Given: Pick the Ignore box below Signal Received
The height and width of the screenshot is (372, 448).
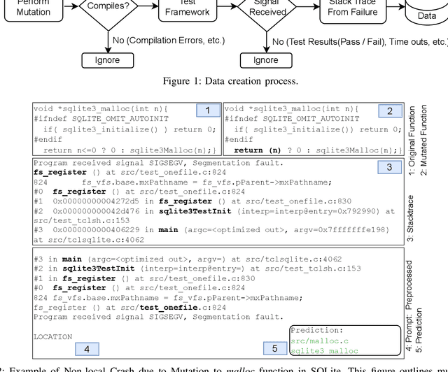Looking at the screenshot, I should (x=265, y=59).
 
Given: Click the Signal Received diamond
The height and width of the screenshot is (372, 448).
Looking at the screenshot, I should (x=265, y=8).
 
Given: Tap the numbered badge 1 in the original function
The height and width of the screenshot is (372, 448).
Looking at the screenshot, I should (x=207, y=110).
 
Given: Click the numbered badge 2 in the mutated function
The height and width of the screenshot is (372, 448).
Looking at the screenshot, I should (x=390, y=110).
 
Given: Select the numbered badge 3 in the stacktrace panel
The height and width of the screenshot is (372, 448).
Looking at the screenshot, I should (x=390, y=166).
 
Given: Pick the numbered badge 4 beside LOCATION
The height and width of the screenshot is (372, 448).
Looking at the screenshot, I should (x=87, y=348).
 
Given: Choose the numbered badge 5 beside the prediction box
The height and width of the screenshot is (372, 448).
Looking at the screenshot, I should (x=274, y=348).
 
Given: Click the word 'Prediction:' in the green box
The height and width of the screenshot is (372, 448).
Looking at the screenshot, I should (x=318, y=330).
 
